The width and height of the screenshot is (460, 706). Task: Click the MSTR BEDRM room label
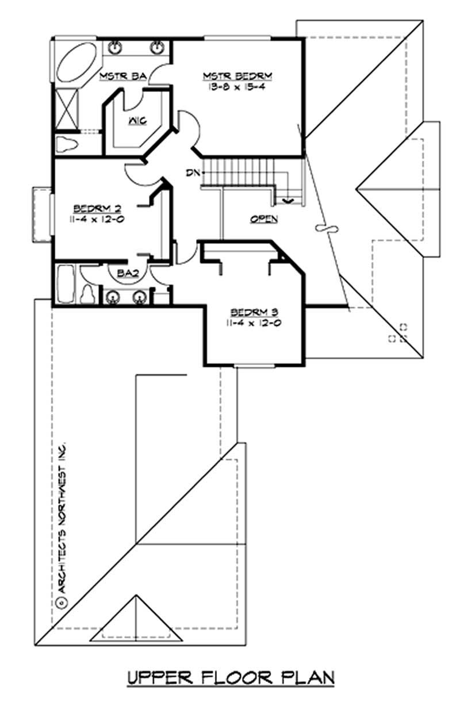(x=237, y=76)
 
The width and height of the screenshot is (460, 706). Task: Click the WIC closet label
(x=137, y=120)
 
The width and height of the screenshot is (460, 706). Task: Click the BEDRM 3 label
(x=255, y=312)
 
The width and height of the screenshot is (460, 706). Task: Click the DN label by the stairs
(x=193, y=172)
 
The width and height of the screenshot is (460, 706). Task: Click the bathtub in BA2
(x=65, y=283)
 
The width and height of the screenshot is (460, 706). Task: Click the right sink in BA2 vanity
(x=139, y=297)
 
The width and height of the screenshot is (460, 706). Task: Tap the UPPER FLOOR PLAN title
(x=230, y=677)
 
